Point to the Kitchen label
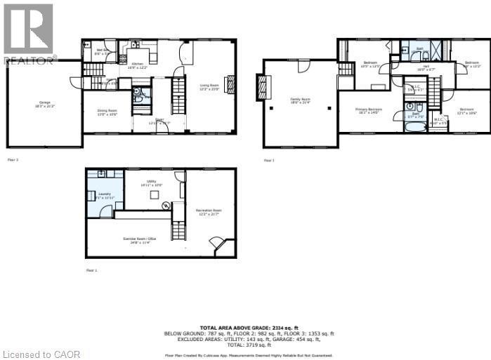coord(138,66)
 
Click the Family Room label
coord(300,100)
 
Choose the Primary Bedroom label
coord(368,111)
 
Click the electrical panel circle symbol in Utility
coord(166,206)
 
